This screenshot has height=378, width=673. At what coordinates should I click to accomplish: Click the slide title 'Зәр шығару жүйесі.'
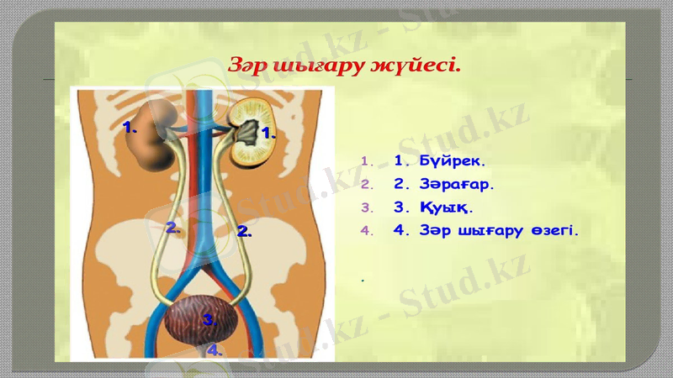(x=345, y=66)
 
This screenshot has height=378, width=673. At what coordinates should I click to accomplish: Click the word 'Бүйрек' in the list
(x=453, y=160)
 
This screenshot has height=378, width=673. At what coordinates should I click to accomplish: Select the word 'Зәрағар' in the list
(x=457, y=183)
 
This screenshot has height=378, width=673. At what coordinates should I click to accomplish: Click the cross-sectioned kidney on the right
(x=250, y=130)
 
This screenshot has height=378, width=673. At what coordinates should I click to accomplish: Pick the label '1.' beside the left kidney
(x=130, y=128)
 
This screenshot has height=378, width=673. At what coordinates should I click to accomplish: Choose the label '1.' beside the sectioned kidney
(x=269, y=132)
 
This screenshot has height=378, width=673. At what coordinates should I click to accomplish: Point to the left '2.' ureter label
(x=172, y=227)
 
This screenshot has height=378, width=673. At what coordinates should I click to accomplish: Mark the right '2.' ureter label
(x=245, y=229)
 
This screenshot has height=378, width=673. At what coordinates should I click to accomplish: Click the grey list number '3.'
(x=365, y=207)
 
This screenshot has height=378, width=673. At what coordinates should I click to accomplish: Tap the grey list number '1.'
(x=365, y=160)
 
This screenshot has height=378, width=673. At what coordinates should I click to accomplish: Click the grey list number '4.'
(x=365, y=230)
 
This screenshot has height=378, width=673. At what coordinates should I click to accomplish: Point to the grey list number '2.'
(x=365, y=183)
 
